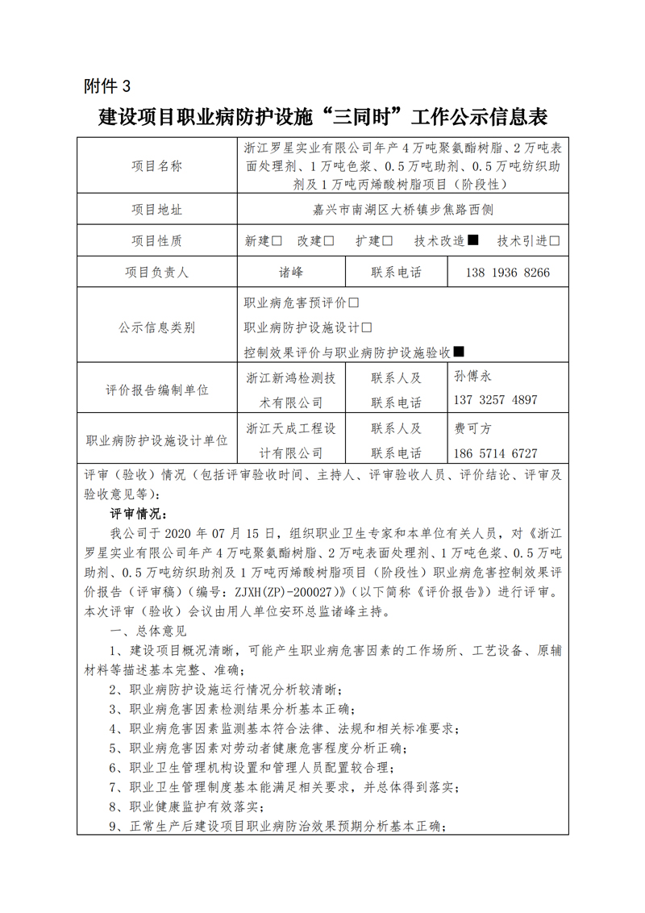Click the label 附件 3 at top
click(x=106, y=85)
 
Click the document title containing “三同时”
click(x=322, y=118)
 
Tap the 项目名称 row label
click(x=156, y=166)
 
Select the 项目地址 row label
click(x=156, y=210)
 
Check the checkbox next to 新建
click(x=277, y=240)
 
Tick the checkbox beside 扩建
click(x=388, y=240)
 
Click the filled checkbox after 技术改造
click(x=473, y=240)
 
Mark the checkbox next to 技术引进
click(x=554, y=240)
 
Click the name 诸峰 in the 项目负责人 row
click(x=291, y=272)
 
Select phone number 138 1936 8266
click(x=507, y=273)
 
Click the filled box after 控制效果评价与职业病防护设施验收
click(x=459, y=352)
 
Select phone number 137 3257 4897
click(x=496, y=400)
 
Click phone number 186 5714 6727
click(x=496, y=453)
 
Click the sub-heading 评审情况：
click(x=139, y=514)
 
